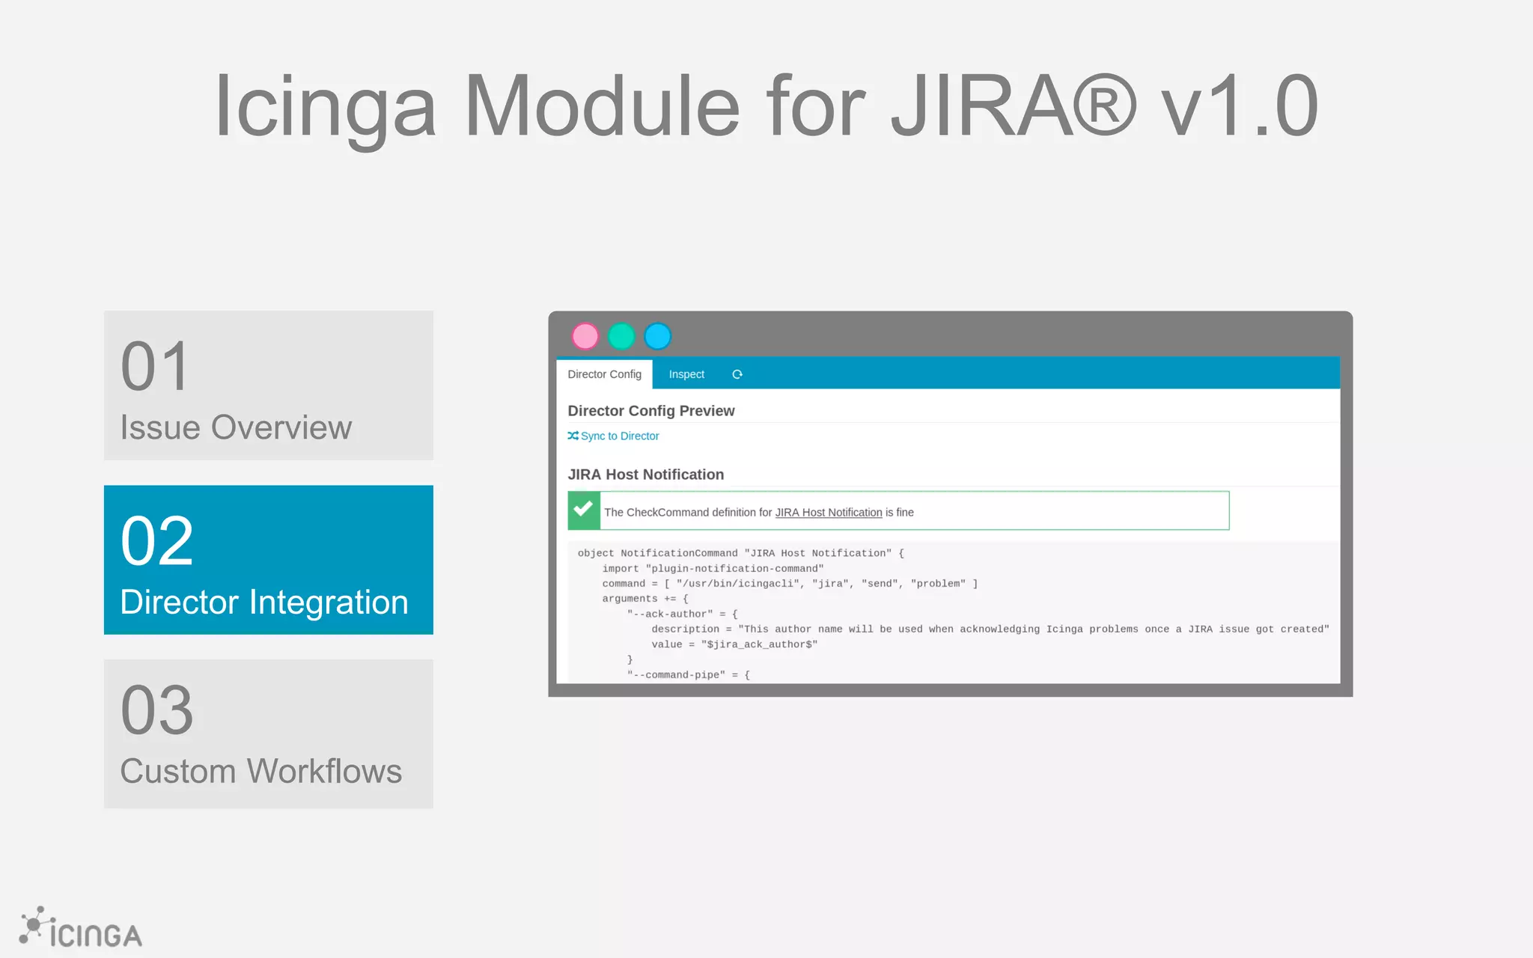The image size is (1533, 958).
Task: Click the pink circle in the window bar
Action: click(x=585, y=337)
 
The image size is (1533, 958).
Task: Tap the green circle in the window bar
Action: click(x=621, y=337)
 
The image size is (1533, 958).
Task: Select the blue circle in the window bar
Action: click(x=658, y=337)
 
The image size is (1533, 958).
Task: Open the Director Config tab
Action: click(x=604, y=374)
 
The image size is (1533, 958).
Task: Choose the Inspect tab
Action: click(x=686, y=374)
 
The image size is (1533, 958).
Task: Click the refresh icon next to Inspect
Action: click(x=737, y=374)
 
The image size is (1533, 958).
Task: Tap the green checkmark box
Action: click(x=584, y=510)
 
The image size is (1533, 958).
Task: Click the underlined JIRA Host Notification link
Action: click(x=829, y=513)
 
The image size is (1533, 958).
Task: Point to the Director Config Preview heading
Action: click(x=651, y=411)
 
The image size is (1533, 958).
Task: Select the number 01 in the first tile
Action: click(x=155, y=367)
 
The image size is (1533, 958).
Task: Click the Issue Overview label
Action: click(x=236, y=428)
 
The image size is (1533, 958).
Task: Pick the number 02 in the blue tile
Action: click(x=157, y=541)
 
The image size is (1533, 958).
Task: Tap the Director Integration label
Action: click(x=264, y=602)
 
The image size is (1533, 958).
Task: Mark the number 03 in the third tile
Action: click(x=157, y=710)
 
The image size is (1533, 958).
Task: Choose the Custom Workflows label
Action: click(x=261, y=772)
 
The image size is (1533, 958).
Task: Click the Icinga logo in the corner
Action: click(x=81, y=930)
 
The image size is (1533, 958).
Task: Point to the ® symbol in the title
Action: click(x=1104, y=106)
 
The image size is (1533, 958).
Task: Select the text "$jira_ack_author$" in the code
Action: click(x=759, y=644)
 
